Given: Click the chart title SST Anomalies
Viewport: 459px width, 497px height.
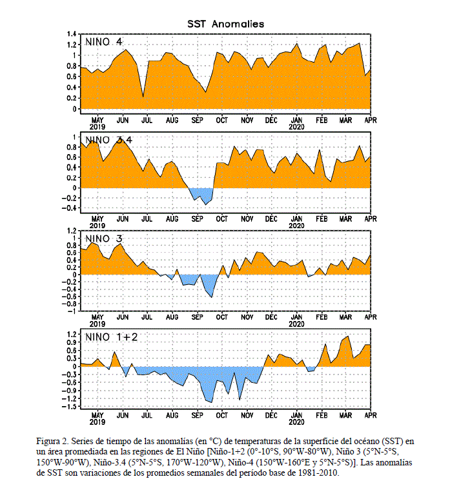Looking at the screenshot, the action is tap(225, 24).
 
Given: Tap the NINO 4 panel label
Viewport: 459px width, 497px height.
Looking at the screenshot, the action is tap(103, 42).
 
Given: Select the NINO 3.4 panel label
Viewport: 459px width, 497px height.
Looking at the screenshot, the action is tap(108, 140).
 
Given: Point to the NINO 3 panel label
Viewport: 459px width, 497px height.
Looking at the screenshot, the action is tap(103, 239).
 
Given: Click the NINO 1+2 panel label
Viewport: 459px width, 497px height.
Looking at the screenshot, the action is tap(111, 337).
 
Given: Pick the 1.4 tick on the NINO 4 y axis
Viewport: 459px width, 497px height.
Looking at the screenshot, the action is tap(72, 34).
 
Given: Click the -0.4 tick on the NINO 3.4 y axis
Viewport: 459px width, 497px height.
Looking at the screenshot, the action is tap(70, 208).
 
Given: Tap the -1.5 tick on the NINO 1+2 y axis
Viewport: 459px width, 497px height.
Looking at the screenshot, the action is tap(70, 407).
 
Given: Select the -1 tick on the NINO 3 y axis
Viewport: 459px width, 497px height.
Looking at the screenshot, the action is tap(72, 311).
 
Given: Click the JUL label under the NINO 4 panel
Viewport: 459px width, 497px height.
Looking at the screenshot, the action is tap(147, 121).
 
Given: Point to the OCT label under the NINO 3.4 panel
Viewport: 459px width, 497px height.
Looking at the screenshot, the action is tap(222, 219).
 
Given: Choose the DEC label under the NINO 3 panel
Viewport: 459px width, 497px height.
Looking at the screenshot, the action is tap(271, 317).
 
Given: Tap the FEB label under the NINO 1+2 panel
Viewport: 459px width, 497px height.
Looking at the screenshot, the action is tap(321, 416).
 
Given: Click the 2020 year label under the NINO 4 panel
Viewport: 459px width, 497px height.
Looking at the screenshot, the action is tap(296, 127).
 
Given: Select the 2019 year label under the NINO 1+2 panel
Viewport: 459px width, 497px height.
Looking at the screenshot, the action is tap(97, 422).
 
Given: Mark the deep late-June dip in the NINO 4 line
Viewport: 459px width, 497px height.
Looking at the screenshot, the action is tap(143, 97).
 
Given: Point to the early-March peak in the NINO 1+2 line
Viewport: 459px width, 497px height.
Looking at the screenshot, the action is tap(348, 336).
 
